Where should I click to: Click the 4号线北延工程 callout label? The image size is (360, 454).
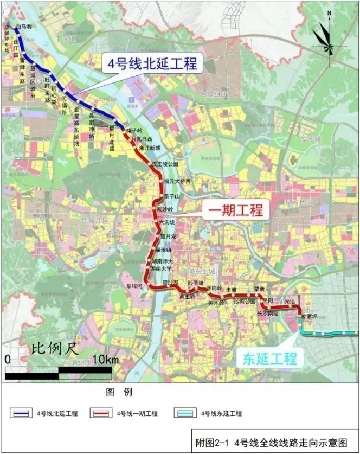tap(152, 63)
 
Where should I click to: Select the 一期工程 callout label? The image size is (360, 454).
tap(237, 210)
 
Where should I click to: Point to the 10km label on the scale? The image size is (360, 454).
tap(105, 360)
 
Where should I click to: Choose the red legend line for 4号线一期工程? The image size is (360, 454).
tap(102, 413)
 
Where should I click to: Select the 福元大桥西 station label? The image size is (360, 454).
tap(177, 181)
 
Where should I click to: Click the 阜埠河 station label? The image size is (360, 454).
tap(133, 285)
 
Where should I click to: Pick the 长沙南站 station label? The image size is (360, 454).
tap(268, 313)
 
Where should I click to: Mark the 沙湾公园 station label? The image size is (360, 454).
tap(244, 301)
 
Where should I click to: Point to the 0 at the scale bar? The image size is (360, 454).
tap(8, 360)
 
